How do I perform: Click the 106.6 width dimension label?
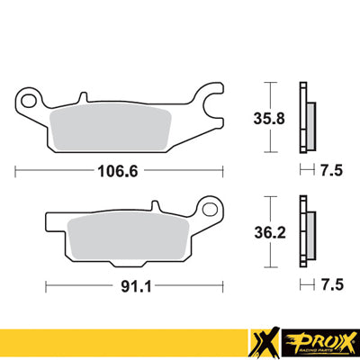click(x=118, y=168)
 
